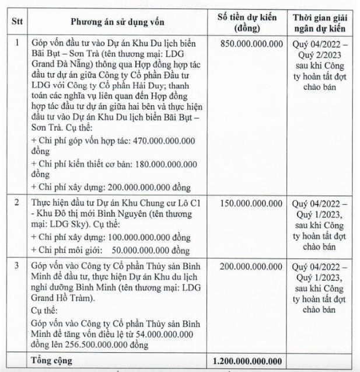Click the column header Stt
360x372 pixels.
tap(17, 22)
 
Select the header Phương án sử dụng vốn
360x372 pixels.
tap(118, 22)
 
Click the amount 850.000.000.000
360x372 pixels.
tap(253, 44)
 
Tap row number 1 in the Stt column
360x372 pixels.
tap(17, 44)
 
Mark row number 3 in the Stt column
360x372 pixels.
tap(17, 266)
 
